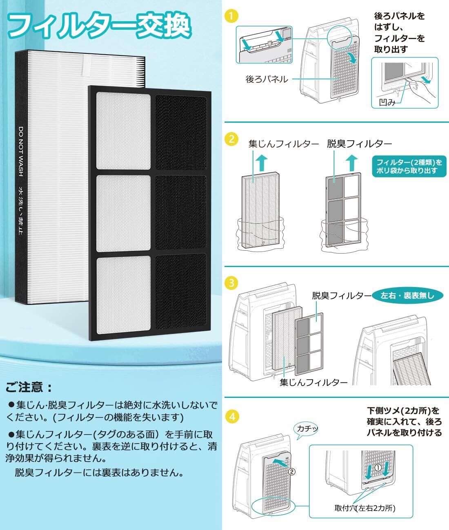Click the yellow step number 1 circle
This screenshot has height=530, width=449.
pyautogui.click(x=231, y=17)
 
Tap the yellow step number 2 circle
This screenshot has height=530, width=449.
pyautogui.click(x=231, y=139)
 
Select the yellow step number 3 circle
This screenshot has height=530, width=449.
pyautogui.click(x=231, y=282)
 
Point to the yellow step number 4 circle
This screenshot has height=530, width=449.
pyautogui.click(x=231, y=417)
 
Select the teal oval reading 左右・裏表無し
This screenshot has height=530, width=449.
pyautogui.click(x=407, y=295)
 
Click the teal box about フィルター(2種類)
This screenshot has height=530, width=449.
pyautogui.click(x=409, y=166)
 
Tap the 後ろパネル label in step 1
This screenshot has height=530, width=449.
pyautogui.click(x=266, y=79)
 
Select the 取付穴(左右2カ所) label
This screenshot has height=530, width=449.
pyautogui.click(x=365, y=508)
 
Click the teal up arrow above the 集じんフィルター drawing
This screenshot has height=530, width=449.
pyautogui.click(x=262, y=163)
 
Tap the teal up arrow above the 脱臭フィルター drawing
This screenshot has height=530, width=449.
pyautogui.click(x=350, y=163)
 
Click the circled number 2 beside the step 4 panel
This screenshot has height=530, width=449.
pyautogui.click(x=291, y=473)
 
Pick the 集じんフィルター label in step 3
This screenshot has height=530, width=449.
pyautogui.click(x=313, y=382)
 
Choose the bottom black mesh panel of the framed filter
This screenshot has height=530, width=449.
pyautogui.click(x=180, y=289)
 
